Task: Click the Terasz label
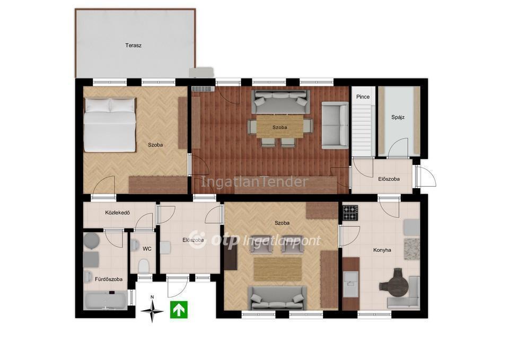coord(133,46)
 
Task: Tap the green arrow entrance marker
coord(179,310)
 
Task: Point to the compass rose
coord(152,311)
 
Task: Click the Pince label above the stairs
coord(363,96)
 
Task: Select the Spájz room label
coord(398,117)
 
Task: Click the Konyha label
coord(382,250)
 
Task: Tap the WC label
coord(147,249)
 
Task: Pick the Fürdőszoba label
coord(108,279)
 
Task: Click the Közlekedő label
coord(118,213)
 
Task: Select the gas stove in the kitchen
coord(350,213)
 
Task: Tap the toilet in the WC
coord(143,267)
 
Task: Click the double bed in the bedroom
coord(110,125)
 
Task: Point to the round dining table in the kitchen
coord(398,283)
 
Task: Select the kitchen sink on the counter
coord(350,284)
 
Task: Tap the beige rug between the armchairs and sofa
coord(278,269)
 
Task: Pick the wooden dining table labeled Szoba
coord(279,127)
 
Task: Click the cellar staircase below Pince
coord(362,129)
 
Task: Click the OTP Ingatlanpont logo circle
coord(198,240)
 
